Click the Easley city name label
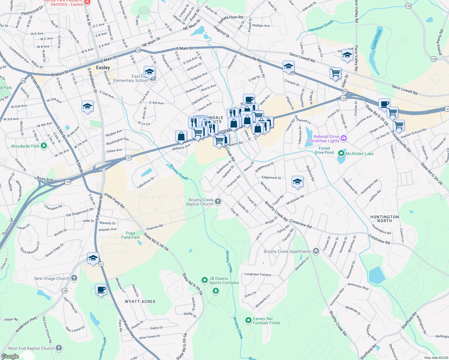coord(103,67)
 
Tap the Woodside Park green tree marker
coord(44,146)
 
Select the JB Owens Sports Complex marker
coord(205,280)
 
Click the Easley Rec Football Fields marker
coord(248,320)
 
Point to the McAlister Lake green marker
coord(341,153)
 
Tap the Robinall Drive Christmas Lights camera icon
coord(344,138)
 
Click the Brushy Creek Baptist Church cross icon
coord(218,202)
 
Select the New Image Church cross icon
coord(74,278)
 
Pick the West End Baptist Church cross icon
coord(59,348)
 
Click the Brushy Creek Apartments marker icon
coord(316,251)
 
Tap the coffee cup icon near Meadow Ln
coord(101,289)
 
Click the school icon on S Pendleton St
coord(93,258)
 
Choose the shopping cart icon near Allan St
coord(335,73)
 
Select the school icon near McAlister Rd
coord(297,181)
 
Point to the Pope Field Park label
coord(131,235)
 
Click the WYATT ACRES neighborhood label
coord(140,301)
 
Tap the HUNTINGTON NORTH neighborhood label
coord(384,219)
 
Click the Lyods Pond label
coord(376,39)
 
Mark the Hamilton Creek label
coord(321,26)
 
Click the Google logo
coord(10,356)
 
